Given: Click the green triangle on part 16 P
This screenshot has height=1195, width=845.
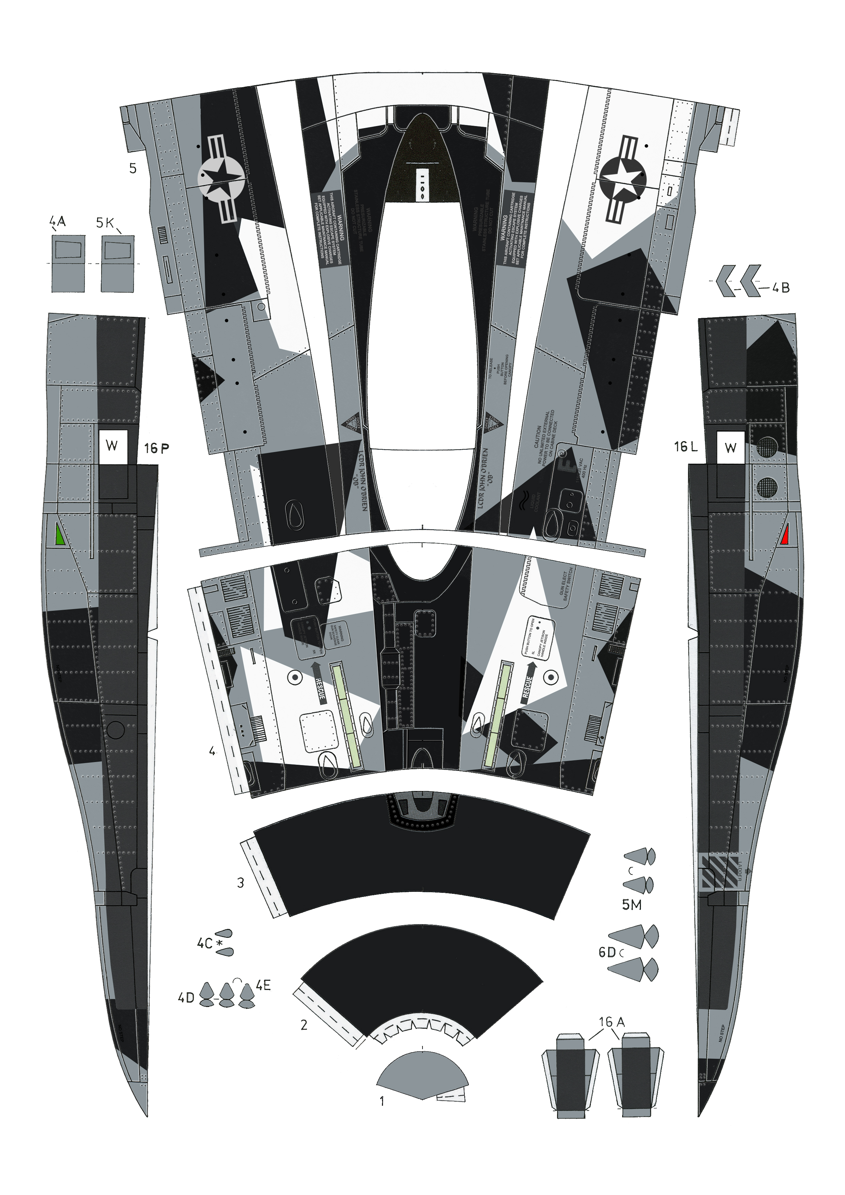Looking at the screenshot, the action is tap(59, 536).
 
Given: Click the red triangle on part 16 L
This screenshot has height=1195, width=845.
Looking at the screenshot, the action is tap(786, 536).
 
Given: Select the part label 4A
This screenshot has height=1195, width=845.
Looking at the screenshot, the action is tap(58, 222).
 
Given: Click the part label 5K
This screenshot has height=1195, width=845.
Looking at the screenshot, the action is tap(105, 223).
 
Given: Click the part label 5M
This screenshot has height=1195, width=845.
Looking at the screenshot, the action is tap(632, 905).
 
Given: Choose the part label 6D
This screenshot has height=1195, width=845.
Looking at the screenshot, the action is tap(607, 952).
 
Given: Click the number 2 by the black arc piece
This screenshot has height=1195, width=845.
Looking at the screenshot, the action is tap(304, 1025).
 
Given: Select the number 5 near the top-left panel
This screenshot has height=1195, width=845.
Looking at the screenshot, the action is tap(133, 169).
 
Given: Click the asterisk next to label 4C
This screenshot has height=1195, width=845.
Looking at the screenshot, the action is tap(219, 943).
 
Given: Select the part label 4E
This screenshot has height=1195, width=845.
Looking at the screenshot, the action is tap(263, 985).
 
